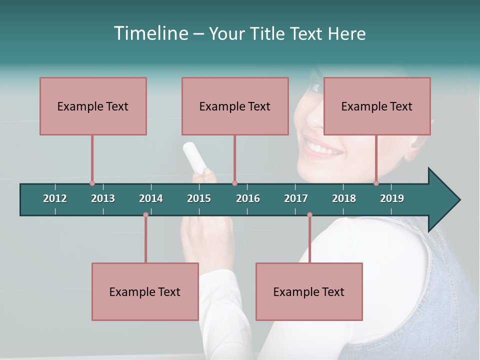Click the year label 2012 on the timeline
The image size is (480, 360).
coord(55,198)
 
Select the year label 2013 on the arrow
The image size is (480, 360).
coord(103,198)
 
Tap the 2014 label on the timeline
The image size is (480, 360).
coord(151,198)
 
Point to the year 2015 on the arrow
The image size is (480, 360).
coord(199,198)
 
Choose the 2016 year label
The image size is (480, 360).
coord(248,198)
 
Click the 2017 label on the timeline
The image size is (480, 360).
coord(296,198)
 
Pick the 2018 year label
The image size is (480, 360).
coord(344,198)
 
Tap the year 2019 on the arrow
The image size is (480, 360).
coord(392,198)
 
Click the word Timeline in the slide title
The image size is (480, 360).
coord(150,33)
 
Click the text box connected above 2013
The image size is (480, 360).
coord(93,106)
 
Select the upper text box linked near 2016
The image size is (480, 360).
coord(235,106)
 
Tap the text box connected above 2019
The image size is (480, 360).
coord(377,106)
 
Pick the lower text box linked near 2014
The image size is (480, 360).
coord(145,291)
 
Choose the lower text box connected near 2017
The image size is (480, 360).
coord(309,291)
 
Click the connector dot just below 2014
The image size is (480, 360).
coord(145,215)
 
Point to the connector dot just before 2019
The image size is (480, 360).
coord(376,183)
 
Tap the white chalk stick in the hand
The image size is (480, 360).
coord(194,155)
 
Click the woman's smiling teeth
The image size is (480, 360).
coord(323,148)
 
